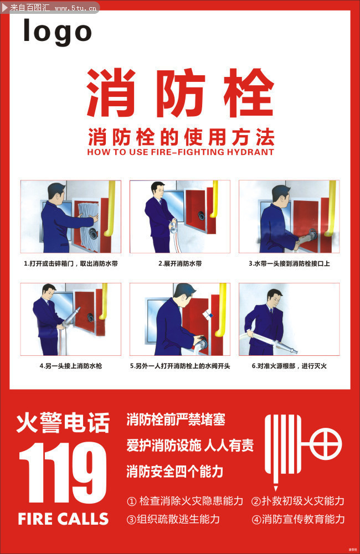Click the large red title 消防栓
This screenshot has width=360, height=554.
[181, 93]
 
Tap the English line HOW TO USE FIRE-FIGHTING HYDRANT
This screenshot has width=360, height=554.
[181, 152]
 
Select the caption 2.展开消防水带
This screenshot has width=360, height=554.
[179, 263]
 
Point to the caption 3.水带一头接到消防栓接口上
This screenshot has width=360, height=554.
[289, 263]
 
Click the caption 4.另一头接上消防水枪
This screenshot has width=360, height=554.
[70, 366]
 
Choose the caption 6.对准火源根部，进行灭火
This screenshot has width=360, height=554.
[289, 366]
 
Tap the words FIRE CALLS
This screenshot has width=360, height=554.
[63, 519]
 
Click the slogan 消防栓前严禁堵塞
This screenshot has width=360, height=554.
[176, 420]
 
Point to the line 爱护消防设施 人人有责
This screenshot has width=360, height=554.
[190, 445]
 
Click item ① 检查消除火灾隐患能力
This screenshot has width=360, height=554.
[185, 501]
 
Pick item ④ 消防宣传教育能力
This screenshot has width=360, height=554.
[298, 519]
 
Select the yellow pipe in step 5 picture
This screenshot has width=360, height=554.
[223, 310]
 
